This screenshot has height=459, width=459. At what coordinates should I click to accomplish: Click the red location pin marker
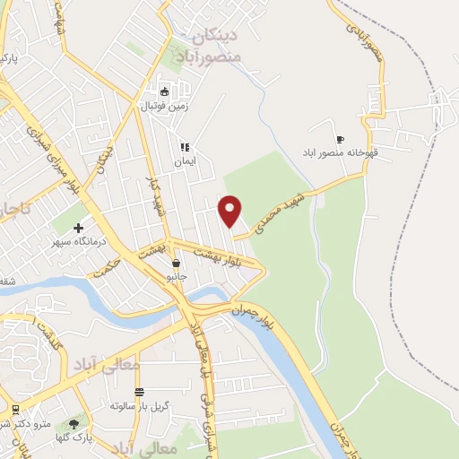click(230, 210)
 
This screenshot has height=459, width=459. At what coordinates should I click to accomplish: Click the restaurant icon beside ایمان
click(184, 147)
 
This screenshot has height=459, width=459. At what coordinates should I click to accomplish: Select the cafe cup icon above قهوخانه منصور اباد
click(340, 139)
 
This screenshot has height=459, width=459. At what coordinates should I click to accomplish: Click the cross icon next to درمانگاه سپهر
click(79, 229)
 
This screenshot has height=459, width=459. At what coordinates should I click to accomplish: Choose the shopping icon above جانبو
click(176, 264)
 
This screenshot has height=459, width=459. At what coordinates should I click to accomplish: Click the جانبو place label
click(176, 277)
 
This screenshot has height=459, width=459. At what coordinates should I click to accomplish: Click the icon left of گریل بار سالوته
click(139, 392)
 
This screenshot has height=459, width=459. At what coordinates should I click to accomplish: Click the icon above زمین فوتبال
click(164, 91)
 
